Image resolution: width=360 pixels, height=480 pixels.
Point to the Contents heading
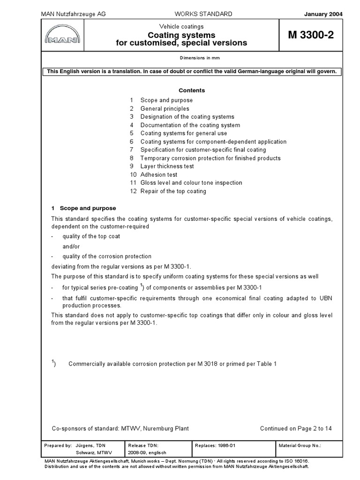(x=192, y=90)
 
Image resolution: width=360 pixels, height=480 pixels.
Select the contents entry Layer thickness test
(x=167, y=166)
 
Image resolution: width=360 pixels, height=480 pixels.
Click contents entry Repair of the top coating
(x=173, y=191)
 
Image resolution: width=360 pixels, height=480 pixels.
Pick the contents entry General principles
(x=165, y=108)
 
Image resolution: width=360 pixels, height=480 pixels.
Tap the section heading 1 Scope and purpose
(x=83, y=208)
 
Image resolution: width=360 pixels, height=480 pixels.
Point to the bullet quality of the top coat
(x=91, y=236)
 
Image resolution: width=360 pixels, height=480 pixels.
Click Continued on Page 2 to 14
(x=296, y=428)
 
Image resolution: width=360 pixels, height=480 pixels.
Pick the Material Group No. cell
(x=300, y=445)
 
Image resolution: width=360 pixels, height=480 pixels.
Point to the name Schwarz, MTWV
(x=91, y=453)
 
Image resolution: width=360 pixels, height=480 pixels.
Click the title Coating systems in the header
(x=181, y=35)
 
